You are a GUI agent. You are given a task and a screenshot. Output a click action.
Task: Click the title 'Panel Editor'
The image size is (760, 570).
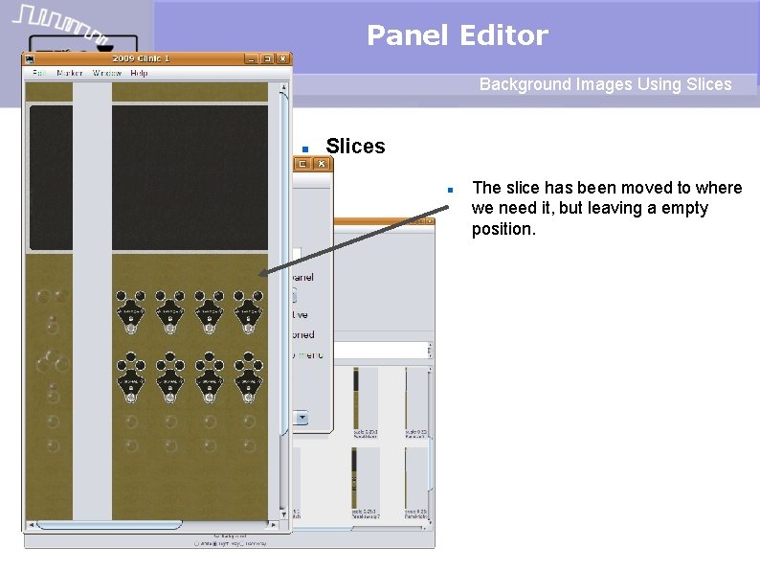(x=457, y=35)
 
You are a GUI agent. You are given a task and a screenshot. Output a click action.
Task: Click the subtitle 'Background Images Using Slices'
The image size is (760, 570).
(x=605, y=84)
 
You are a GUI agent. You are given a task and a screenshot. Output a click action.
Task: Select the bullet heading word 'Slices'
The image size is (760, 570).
(x=355, y=147)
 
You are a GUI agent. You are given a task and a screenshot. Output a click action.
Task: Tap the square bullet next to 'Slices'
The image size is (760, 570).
(x=304, y=148)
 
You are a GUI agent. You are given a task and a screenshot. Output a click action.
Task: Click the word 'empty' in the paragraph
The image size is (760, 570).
(x=686, y=208)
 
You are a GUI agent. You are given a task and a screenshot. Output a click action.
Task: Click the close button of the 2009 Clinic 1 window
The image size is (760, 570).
(x=283, y=58)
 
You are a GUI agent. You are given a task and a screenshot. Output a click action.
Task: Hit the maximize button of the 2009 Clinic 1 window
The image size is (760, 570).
(x=268, y=58)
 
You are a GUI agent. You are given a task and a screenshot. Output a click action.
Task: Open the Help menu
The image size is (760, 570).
(x=139, y=73)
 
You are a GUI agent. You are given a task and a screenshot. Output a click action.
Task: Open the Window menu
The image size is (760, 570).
(x=106, y=73)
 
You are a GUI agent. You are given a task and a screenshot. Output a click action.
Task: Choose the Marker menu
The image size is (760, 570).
(x=70, y=73)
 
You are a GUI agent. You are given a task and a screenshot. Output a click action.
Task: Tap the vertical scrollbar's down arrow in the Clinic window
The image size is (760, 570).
(x=283, y=513)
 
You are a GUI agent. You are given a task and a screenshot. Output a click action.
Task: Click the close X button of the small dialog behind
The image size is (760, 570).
(x=322, y=164)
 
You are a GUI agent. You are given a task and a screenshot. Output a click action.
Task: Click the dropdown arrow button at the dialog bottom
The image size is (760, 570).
(x=302, y=417)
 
